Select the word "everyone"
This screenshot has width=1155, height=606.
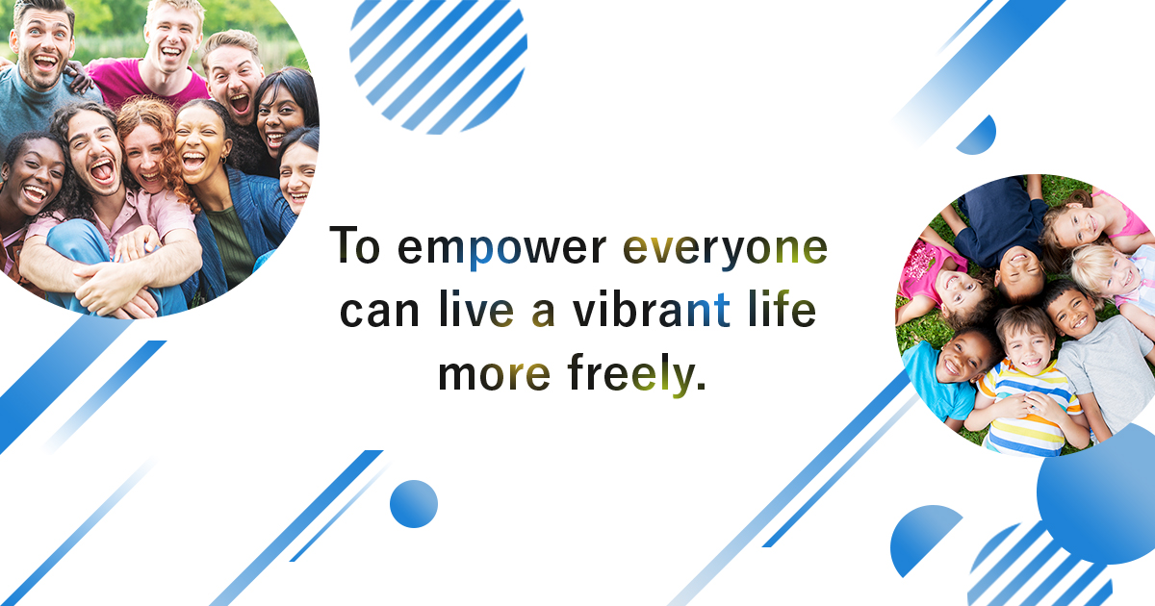pyautogui.click(x=724, y=249)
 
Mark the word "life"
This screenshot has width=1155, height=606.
pyautogui.click(x=781, y=313)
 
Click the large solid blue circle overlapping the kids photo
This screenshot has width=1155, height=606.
pyautogui.click(x=1097, y=495)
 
